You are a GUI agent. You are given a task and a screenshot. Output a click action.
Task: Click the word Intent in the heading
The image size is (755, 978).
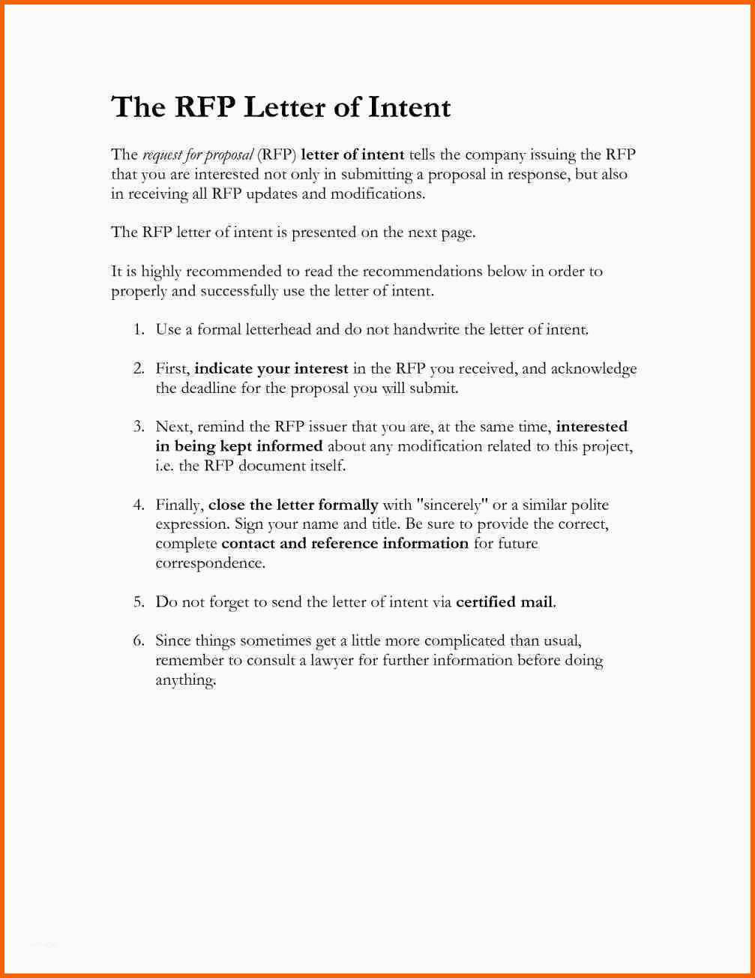[x=409, y=107]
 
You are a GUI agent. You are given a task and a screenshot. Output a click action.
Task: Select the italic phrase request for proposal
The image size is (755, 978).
[x=197, y=155]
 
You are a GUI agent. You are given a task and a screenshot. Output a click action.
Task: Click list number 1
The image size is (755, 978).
[x=139, y=329]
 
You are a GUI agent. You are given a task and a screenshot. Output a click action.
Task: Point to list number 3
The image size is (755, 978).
[x=139, y=427]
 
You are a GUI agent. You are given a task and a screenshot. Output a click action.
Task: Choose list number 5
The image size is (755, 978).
[x=139, y=601]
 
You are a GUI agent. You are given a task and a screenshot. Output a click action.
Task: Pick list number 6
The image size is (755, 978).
[x=139, y=640]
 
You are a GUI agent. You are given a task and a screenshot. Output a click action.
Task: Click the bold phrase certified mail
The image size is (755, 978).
[x=505, y=601]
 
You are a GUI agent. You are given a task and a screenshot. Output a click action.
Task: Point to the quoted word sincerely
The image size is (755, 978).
[x=451, y=505]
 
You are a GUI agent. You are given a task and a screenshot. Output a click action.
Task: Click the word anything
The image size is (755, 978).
[x=185, y=681]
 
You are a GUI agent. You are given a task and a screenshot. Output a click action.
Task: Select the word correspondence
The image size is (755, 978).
[x=210, y=563]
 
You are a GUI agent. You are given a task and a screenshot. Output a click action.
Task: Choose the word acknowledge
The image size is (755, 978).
[x=594, y=369]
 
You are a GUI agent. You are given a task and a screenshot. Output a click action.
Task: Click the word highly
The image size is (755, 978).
[x=160, y=271]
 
